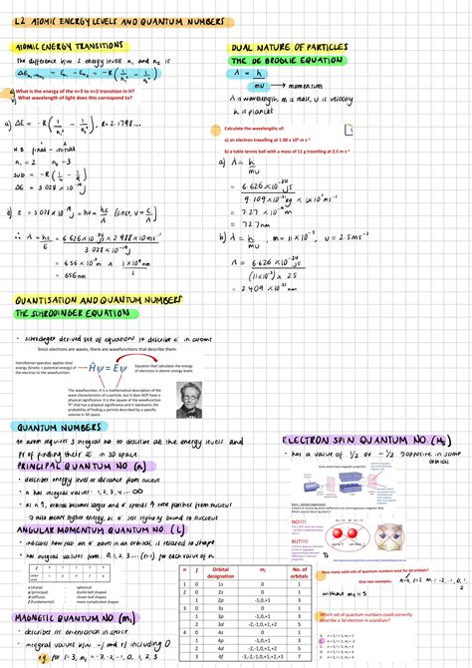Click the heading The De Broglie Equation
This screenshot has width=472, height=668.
[288, 60]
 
